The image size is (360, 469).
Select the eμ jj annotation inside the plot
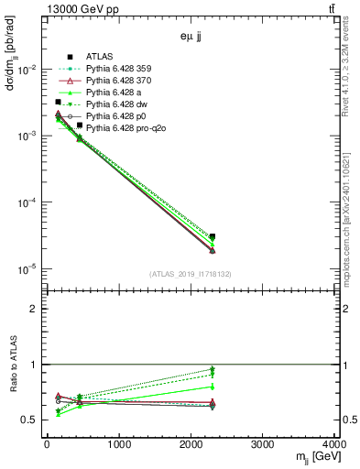pos(192,39)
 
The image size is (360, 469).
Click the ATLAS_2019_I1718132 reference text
pos(191,273)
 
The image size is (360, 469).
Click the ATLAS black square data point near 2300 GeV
pos(213,236)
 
